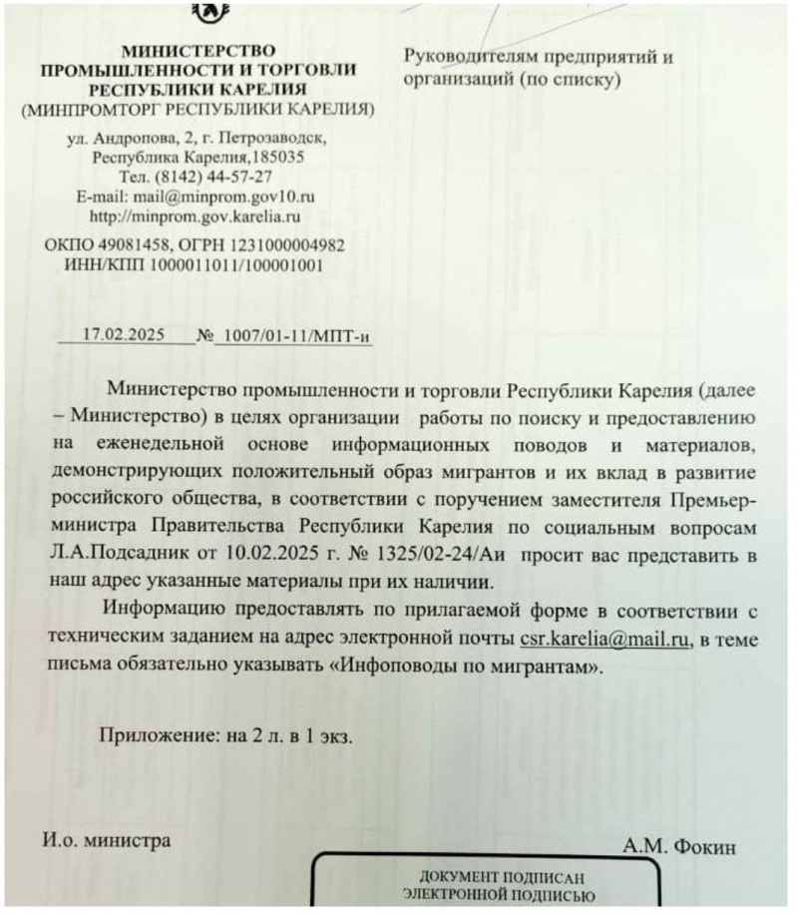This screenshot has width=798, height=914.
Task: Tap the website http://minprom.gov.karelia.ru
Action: (196, 216)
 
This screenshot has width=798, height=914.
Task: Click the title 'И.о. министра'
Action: (106, 840)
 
